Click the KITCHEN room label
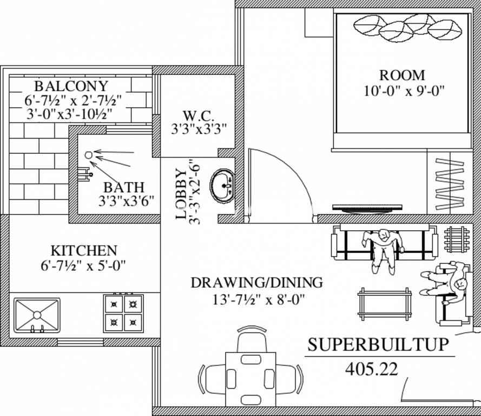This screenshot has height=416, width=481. (84, 251)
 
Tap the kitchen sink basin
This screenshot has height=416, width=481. (37, 315)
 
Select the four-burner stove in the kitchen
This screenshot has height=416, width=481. (123, 313)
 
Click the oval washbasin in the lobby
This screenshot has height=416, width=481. (223, 185)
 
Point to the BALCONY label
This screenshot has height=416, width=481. (71, 86)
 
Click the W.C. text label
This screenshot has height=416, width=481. (198, 116)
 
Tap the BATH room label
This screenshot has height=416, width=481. (123, 187)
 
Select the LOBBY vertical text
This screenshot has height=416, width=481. (181, 194)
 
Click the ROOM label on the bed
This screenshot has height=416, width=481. (402, 75)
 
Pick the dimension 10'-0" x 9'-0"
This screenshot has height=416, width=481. (404, 91)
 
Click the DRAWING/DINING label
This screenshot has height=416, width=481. (257, 282)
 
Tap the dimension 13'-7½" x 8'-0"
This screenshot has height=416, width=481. (258, 299)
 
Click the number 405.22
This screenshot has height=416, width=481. (372, 369)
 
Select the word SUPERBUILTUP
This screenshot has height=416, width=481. (378, 344)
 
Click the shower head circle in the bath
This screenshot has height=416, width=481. (88, 155)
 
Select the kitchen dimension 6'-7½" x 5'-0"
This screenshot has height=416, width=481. (83, 265)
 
